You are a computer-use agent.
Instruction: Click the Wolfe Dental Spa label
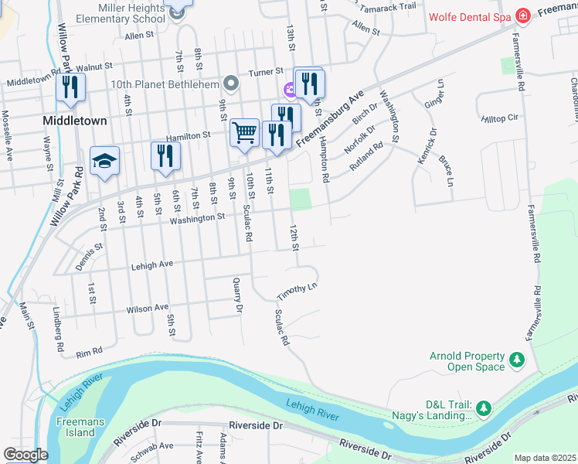(x=471, y=15)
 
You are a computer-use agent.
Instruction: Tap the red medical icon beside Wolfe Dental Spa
(x=523, y=15)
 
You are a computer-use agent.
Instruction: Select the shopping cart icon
(x=244, y=132)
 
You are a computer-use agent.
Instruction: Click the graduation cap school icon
(x=104, y=161)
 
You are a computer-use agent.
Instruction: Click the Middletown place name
(x=74, y=121)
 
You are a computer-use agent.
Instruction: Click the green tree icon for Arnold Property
(x=516, y=360)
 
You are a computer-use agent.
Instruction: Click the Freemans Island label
(x=76, y=427)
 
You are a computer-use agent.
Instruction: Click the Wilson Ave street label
(x=147, y=308)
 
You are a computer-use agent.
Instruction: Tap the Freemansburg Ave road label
(x=328, y=116)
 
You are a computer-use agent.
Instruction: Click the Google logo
(x=25, y=455)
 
